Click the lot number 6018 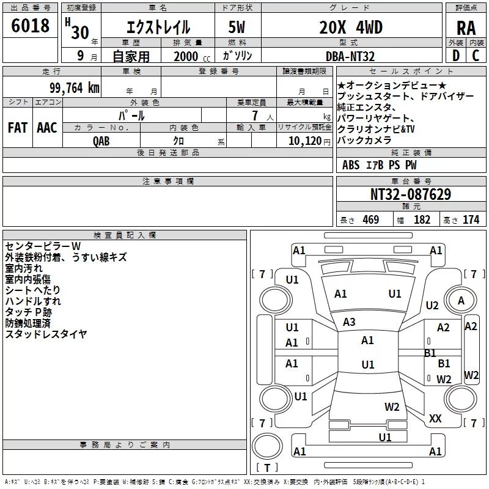pyautogui.click(x=30, y=26)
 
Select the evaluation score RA pyautogui.click(x=466, y=28)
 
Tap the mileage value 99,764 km pyautogui.click(x=75, y=88)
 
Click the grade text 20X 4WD pyautogui.click(x=351, y=28)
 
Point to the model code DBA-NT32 pyautogui.click(x=350, y=56)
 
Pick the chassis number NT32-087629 pyautogui.click(x=411, y=194)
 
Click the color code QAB pyautogui.click(x=101, y=141)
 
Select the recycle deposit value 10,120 pyautogui.click(x=304, y=141)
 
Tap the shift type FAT pyautogui.click(x=18, y=128)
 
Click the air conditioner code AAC pyautogui.click(x=47, y=128)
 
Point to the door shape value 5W pyautogui.click(x=237, y=28)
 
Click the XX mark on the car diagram pyautogui.click(x=435, y=419)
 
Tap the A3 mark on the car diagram pyautogui.click(x=349, y=322)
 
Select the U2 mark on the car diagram pyautogui.click(x=432, y=305)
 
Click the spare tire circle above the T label pyautogui.click(x=267, y=446)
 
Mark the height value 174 pyautogui.click(x=471, y=220)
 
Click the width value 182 pyautogui.click(x=422, y=220)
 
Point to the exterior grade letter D pyautogui.click(x=456, y=56)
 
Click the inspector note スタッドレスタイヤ pyautogui.click(x=46, y=334)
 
